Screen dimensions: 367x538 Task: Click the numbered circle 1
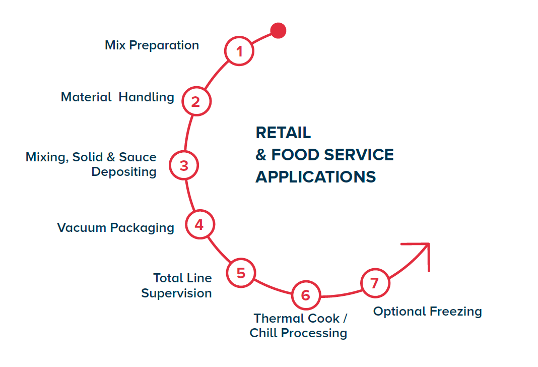[240, 51]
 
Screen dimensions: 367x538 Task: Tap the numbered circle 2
[195, 101]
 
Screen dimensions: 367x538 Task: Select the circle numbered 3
[184, 165]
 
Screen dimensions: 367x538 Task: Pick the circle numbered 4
[199, 224]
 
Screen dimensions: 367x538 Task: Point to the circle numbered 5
[241, 273]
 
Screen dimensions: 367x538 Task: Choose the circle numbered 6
[306, 295]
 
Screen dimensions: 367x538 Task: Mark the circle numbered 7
[374, 283]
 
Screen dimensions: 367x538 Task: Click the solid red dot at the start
[278, 30]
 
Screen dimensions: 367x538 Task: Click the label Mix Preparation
[152, 45]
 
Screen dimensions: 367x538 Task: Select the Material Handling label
[117, 97]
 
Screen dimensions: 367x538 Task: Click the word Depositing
[124, 172]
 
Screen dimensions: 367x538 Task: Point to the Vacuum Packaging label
[115, 228]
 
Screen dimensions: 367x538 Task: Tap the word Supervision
[176, 293]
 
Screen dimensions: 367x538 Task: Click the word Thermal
[279, 319]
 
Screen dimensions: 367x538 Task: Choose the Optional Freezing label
[427, 312]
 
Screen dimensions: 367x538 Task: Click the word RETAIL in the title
[283, 133]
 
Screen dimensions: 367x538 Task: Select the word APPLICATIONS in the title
[315, 177]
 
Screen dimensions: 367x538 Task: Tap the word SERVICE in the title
[358, 155]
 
